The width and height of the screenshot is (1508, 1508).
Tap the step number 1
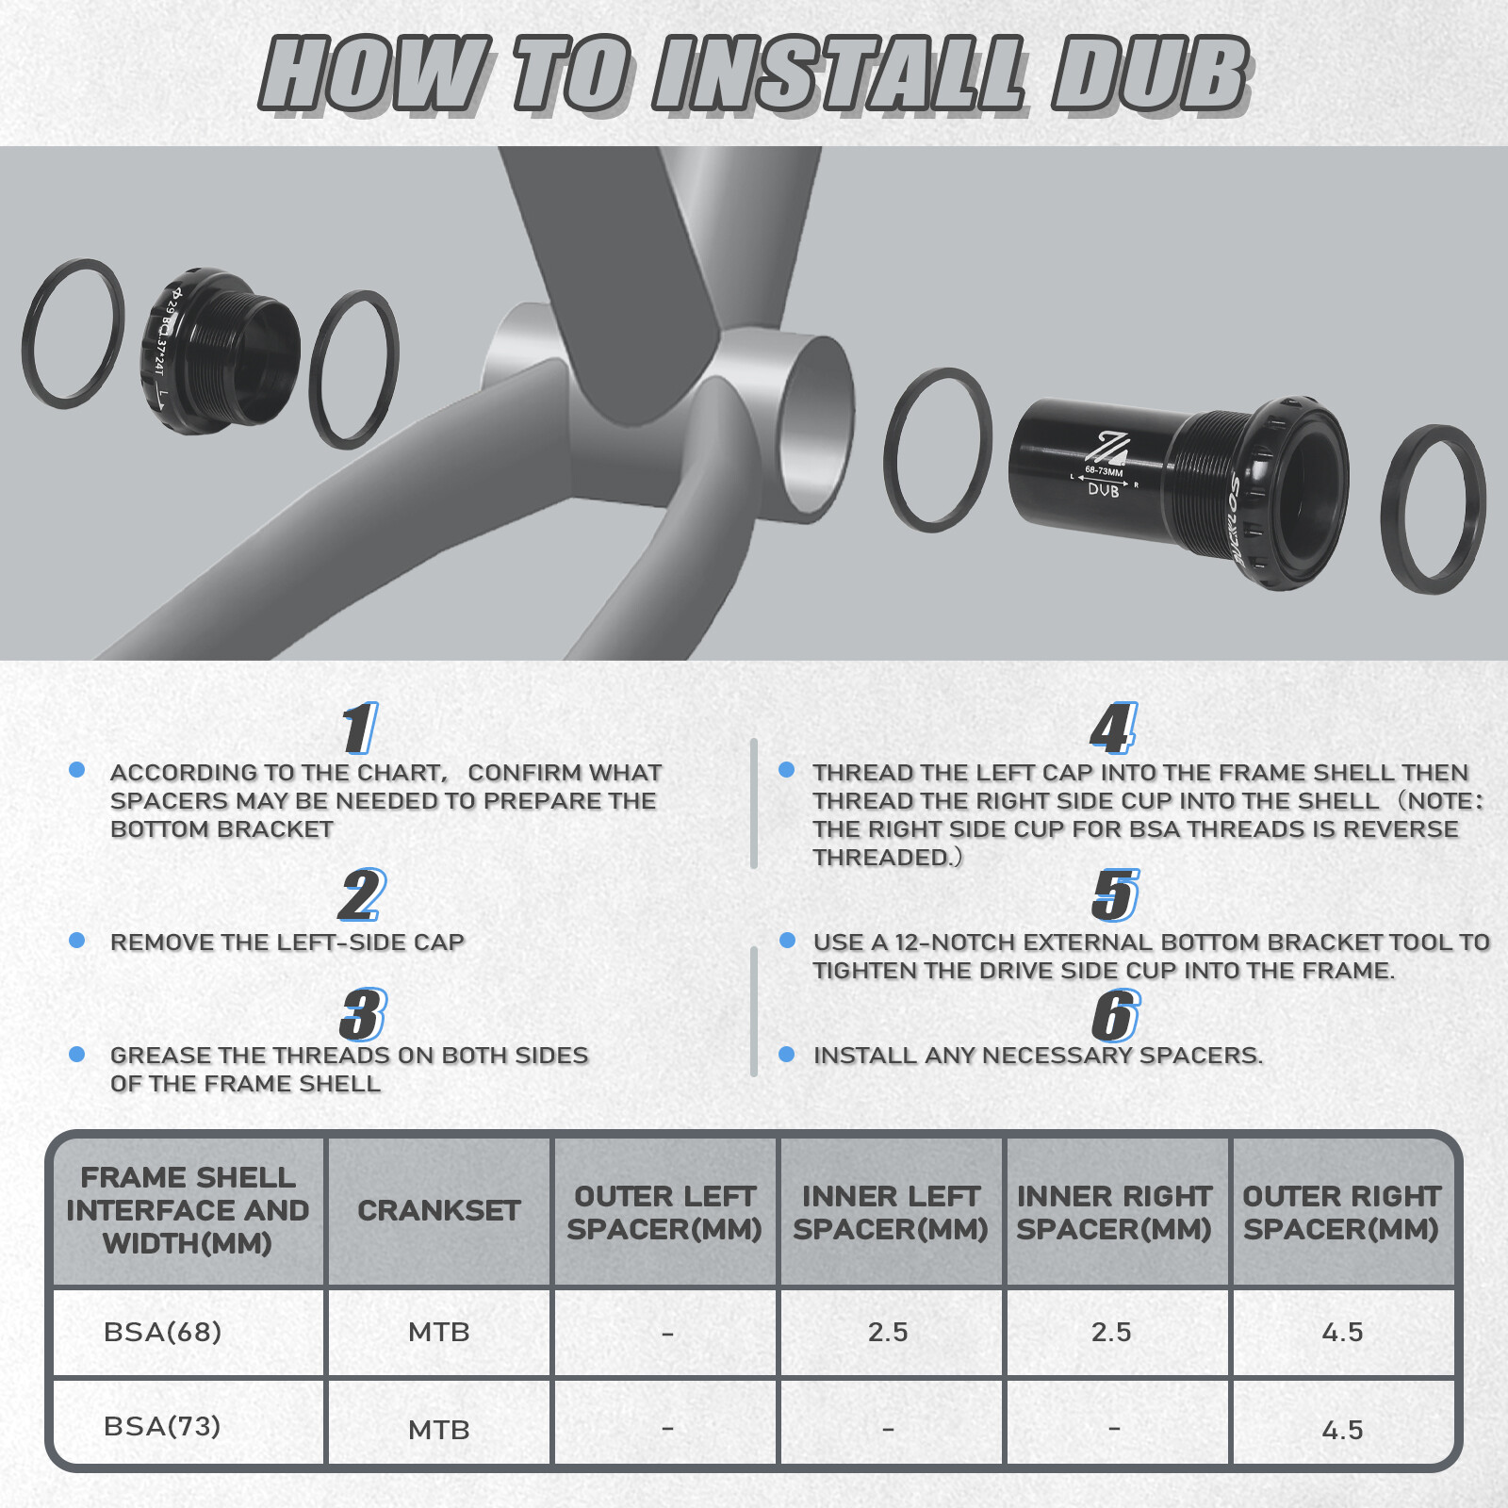pos(360,729)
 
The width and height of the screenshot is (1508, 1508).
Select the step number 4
pos(1114,729)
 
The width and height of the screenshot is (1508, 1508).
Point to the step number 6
pos(1116,1016)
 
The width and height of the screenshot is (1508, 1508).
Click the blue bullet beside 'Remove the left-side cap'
pos(77,941)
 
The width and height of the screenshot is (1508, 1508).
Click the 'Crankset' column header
pos(439,1211)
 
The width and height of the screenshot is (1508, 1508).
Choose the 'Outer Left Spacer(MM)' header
pos(664,1213)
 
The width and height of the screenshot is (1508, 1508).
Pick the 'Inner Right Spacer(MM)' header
pos(1114,1213)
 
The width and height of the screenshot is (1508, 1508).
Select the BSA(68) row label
pos(162,1332)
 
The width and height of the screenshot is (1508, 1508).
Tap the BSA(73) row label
pos(162,1426)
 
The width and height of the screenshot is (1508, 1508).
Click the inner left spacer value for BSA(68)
pos(888,1333)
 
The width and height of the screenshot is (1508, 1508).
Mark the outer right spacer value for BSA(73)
pos(1342,1431)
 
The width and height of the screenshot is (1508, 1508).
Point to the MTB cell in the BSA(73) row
pos(439,1430)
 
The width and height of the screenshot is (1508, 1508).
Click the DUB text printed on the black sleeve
pos(1104,490)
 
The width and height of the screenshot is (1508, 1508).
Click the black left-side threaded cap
pos(221,351)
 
